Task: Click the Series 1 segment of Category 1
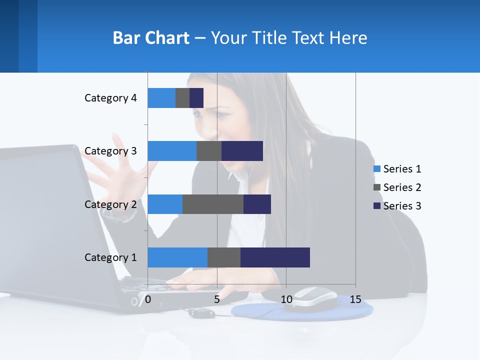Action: (177, 257)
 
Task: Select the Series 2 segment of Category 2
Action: (213, 204)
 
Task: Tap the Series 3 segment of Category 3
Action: (242, 151)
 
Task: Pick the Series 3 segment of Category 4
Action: (196, 98)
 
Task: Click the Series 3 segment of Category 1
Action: (275, 257)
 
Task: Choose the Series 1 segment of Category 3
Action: (172, 151)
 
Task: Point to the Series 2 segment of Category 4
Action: (182, 98)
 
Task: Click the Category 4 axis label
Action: (110, 98)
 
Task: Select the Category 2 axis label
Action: (110, 204)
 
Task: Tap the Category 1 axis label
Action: (110, 257)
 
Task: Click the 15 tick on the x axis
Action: (355, 299)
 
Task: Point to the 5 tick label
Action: (217, 299)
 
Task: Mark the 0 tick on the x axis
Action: (148, 299)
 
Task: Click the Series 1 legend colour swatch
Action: (377, 169)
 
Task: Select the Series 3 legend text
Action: (402, 206)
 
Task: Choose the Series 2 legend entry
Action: (397, 187)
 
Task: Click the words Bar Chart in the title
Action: (151, 38)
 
